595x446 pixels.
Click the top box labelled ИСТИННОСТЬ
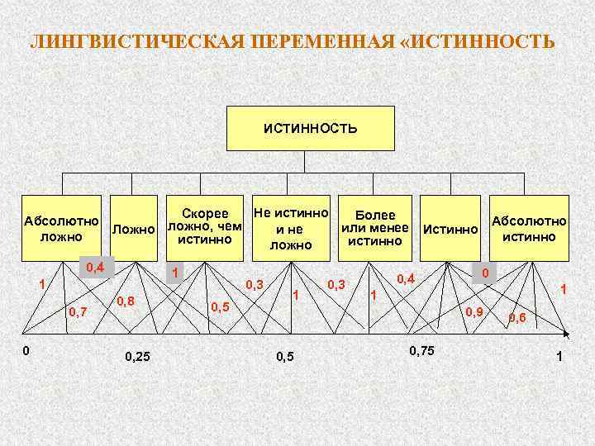[x=310, y=128]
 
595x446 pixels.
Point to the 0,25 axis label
[x=137, y=357]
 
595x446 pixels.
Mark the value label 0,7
[x=79, y=311]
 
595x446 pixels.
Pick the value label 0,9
[x=474, y=311]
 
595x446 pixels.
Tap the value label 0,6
[x=518, y=316]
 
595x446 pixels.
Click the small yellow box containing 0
[x=487, y=272]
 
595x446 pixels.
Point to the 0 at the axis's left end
[x=26, y=349]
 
